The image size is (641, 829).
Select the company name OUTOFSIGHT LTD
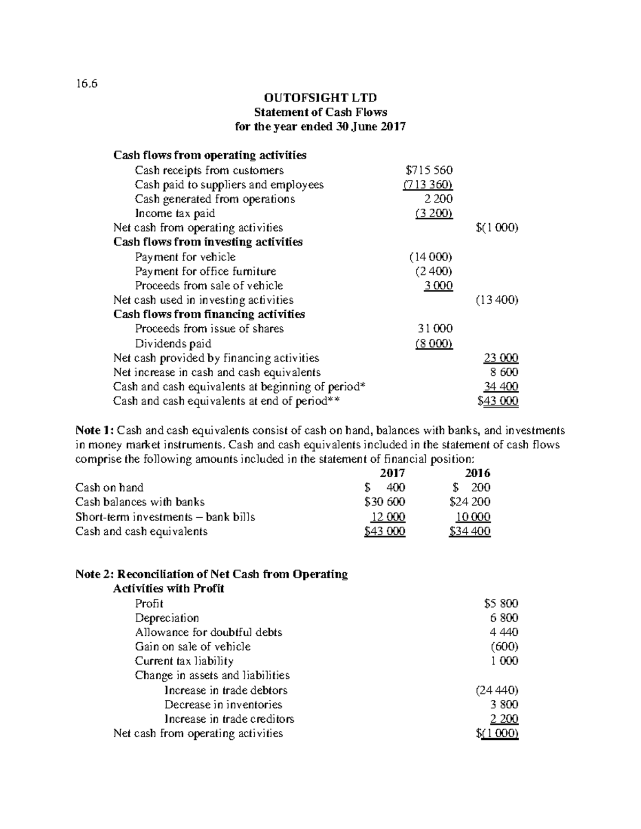coord(320,98)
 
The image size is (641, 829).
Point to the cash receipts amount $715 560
coord(429,170)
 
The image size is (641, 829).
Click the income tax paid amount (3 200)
coord(434,214)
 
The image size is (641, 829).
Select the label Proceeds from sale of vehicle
coord(209,286)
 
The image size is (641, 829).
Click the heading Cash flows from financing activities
coord(209,314)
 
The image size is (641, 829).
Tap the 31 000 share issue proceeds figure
coord(434,329)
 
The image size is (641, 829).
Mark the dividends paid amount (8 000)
coord(434,343)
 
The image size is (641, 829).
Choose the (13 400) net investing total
coord(497,300)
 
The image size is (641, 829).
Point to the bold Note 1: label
coord(95,430)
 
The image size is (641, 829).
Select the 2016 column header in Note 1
coord(478,473)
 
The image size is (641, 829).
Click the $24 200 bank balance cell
coord(470,502)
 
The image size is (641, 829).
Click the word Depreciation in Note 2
coord(167,618)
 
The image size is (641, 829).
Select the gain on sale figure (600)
coord(504,646)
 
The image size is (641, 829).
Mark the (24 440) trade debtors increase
coord(497,690)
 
